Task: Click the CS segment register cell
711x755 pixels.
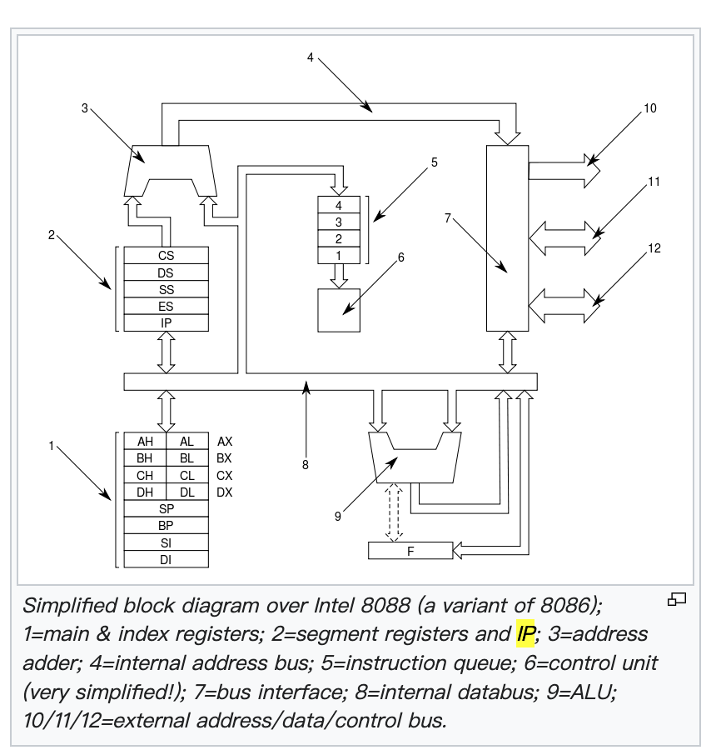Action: [166, 256]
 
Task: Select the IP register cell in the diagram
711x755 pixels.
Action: [166, 322]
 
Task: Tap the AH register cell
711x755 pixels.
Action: [145, 442]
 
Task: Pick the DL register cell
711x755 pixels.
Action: [186, 492]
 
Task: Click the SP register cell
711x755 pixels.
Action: [166, 508]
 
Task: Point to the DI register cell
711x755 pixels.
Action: [166, 559]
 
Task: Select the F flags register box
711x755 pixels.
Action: [410, 550]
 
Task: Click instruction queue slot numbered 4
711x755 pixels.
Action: [339, 205]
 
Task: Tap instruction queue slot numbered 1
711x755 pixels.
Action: [339, 255]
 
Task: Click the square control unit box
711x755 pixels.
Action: [339, 311]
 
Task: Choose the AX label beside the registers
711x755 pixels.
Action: [225, 442]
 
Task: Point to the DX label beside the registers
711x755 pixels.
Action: [225, 492]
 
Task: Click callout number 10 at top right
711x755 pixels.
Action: [649, 108]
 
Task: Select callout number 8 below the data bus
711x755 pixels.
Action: [306, 465]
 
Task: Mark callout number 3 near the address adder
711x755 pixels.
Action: [85, 107]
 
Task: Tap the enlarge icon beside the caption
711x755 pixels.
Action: [677, 598]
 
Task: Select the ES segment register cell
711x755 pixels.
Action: [166, 306]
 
